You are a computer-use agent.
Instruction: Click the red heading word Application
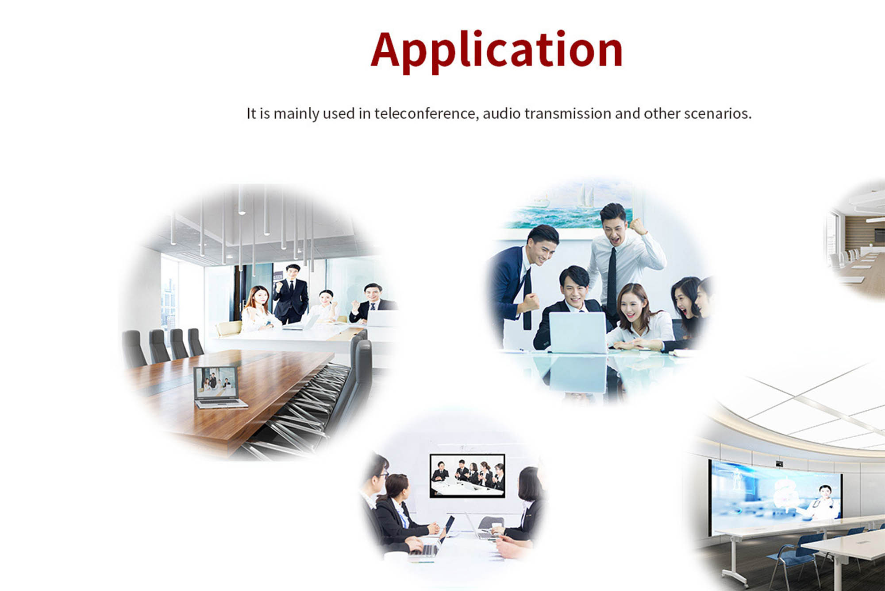pyautogui.click(x=496, y=51)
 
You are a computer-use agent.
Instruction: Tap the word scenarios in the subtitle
pyautogui.click(x=718, y=113)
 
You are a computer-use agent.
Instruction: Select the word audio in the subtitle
pyautogui.click(x=501, y=113)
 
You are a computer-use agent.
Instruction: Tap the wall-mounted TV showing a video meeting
pyautogui.click(x=467, y=475)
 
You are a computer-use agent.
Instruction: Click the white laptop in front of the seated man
pyautogui.click(x=578, y=332)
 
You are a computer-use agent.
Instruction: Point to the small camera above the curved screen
pyautogui.click(x=779, y=463)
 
